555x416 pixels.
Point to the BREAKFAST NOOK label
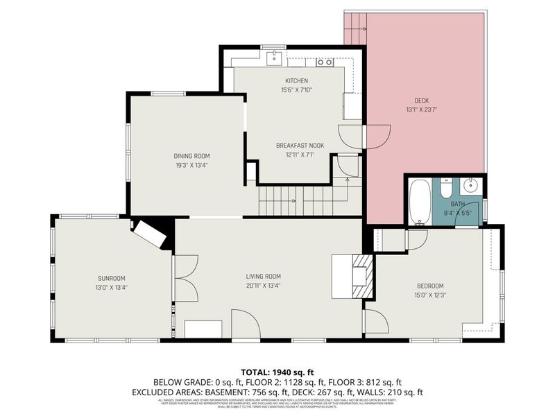[295, 145]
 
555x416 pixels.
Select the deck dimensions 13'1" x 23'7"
[422, 109]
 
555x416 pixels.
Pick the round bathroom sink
[472, 186]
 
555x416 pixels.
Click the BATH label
[457, 204]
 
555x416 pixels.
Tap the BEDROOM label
[430, 286]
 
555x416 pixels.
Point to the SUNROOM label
[112, 278]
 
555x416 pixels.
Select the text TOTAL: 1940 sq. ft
[277, 372]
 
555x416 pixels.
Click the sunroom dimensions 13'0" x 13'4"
[112, 287]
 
